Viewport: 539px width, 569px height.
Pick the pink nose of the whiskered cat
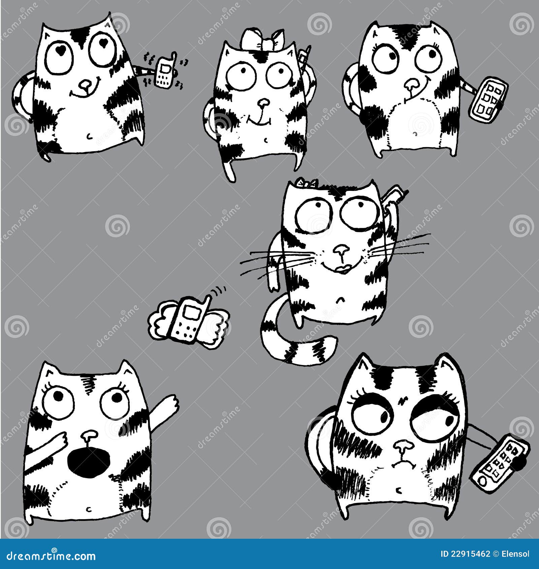pos(342,249)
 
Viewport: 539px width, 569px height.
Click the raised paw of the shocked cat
pos(172,403)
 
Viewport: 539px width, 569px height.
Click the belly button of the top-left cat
pos(89,136)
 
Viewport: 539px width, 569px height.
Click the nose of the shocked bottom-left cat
pos(89,436)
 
